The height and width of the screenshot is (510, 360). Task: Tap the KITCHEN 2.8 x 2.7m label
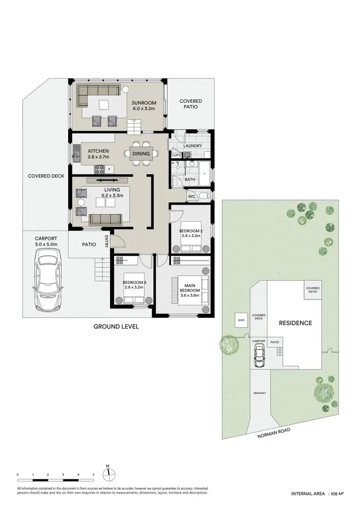point(98,154)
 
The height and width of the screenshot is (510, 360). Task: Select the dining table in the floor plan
point(141,154)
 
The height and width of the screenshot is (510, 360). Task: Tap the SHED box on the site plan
point(240,320)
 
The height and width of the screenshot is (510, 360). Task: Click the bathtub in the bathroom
point(204,175)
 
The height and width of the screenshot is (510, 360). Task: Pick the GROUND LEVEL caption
point(117,327)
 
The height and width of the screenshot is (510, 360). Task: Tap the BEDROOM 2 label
point(191,233)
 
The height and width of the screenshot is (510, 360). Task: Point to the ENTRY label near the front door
point(107,240)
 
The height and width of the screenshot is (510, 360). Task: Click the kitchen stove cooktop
point(101,169)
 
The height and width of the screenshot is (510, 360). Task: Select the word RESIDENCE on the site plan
point(296,323)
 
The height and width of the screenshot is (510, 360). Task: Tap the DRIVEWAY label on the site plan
point(260,393)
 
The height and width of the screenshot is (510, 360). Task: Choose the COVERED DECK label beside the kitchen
point(46,176)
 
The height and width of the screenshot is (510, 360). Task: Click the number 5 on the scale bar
point(94,475)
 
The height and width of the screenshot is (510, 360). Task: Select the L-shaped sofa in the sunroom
point(96,94)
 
